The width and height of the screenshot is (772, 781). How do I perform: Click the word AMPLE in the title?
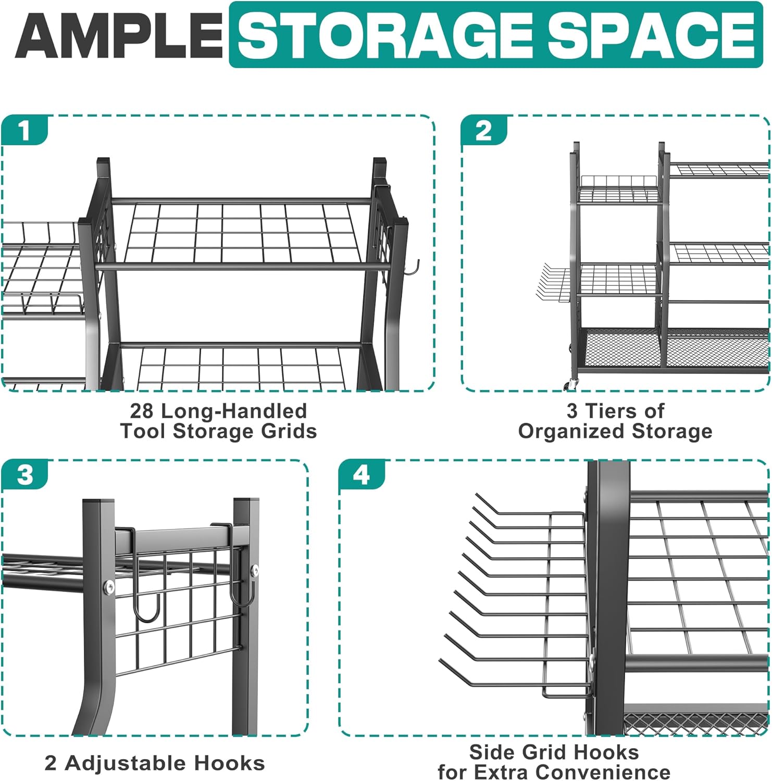point(119,35)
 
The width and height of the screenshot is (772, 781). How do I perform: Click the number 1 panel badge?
point(24,130)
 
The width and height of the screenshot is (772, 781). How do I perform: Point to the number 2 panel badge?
point(483,130)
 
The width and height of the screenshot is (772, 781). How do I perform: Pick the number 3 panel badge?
point(24,474)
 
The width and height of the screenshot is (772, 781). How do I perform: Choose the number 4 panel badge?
point(362,474)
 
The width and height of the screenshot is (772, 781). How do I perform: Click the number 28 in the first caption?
point(142,411)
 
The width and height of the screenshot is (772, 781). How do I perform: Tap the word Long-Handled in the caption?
point(234,411)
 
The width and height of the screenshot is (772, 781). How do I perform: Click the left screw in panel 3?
point(109,587)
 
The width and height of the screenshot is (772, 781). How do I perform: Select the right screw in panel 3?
point(255,571)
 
